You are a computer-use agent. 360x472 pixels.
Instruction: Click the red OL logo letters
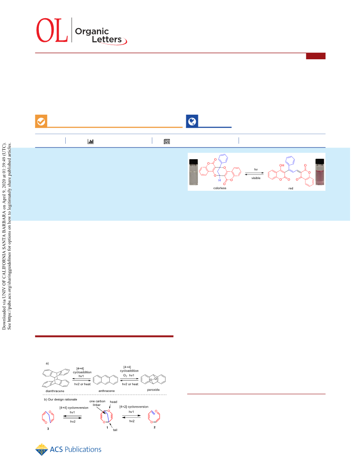[x=52, y=30]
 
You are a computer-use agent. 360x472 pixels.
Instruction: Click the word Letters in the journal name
[x=107, y=39]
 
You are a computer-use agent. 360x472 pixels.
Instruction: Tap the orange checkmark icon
[x=41, y=121]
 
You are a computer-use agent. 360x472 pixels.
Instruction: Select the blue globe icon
[x=192, y=121]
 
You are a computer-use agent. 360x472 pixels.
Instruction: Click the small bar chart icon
[x=90, y=141]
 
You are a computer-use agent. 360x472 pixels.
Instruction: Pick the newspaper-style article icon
[x=167, y=141]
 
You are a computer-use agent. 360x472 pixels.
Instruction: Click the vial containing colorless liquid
[x=194, y=172]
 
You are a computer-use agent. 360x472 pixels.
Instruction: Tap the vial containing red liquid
[x=320, y=172]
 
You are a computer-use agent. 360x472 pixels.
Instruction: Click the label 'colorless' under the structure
[x=220, y=188]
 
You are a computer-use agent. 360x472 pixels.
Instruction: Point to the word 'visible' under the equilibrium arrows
[x=256, y=178]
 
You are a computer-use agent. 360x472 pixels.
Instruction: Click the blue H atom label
[x=220, y=180]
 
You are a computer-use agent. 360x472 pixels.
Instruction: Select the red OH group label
[x=281, y=165]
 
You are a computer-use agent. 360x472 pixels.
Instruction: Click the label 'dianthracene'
[x=55, y=391]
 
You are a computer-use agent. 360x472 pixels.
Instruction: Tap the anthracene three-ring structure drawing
[x=105, y=380]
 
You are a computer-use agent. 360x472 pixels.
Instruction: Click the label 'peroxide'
[x=153, y=390]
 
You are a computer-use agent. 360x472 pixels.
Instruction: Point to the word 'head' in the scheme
[x=113, y=402]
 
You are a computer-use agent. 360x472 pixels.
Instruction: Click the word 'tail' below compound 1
[x=115, y=430]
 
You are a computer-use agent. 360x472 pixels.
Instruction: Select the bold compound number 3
[x=48, y=429]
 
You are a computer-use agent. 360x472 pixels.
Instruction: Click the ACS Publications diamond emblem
[x=41, y=450]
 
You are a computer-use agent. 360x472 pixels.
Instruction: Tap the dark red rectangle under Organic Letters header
[x=315, y=56]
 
